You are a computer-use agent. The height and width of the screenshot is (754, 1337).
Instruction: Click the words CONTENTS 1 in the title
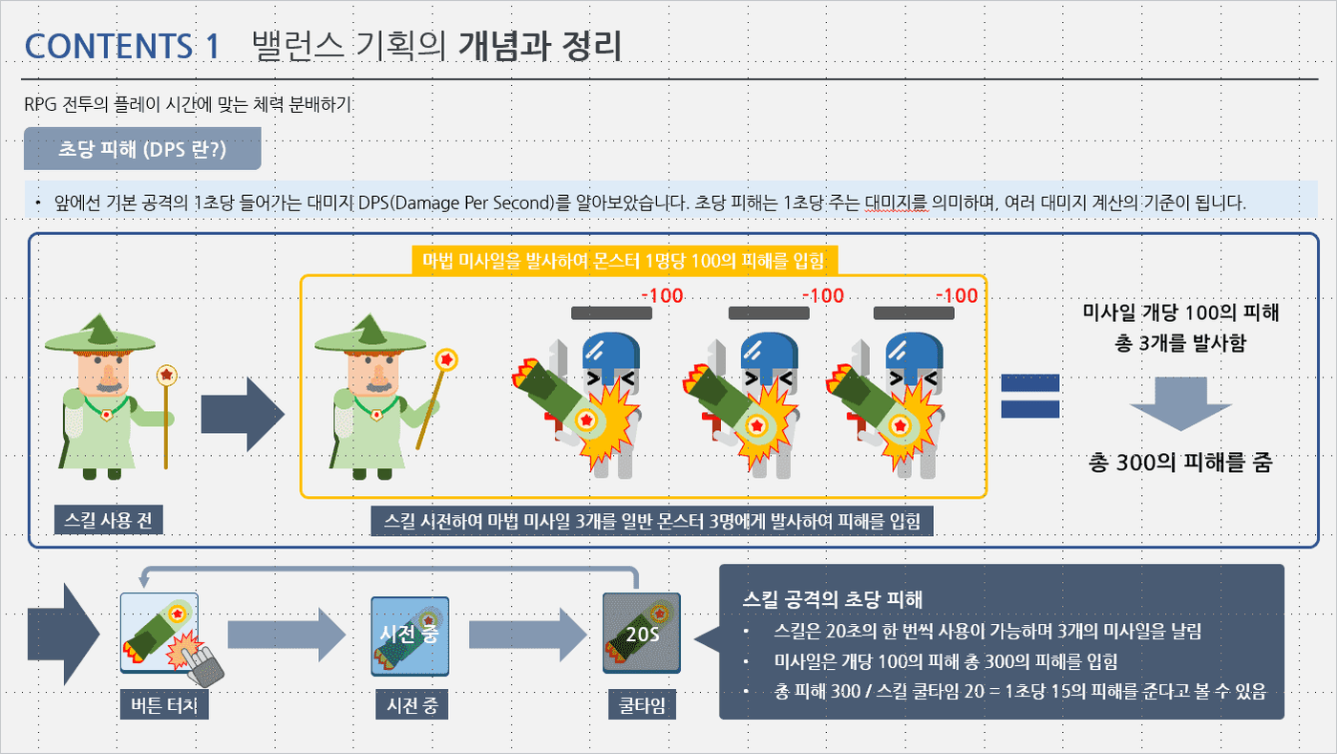[122, 47]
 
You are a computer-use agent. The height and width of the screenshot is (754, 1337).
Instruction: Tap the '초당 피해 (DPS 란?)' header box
[142, 149]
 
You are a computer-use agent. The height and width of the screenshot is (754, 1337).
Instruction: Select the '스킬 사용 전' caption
[108, 520]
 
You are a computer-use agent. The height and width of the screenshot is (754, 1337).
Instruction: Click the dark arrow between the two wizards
[243, 414]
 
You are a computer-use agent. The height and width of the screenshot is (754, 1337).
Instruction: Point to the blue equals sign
[1029, 396]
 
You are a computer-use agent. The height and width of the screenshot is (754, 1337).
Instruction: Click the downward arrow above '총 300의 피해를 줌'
[1180, 404]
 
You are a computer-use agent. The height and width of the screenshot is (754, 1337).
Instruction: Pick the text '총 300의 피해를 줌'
[1180, 463]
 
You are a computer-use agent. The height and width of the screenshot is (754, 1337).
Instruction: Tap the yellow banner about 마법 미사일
[625, 261]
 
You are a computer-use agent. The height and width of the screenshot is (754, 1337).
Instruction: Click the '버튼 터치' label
[164, 705]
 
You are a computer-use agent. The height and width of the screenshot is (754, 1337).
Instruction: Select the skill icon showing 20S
[642, 634]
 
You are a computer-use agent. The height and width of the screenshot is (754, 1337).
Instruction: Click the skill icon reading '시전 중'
[410, 636]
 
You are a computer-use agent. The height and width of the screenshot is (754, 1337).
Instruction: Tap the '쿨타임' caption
[642, 705]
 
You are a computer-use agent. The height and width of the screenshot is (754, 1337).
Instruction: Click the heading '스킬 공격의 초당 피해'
[832, 598]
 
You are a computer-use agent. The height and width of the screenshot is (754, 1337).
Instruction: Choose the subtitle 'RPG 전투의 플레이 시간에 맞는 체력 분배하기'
[187, 104]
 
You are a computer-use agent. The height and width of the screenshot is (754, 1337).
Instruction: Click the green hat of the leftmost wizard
[100, 335]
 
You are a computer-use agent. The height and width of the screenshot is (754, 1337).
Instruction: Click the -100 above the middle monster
[822, 295]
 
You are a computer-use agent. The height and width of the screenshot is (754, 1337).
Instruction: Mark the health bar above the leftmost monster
[611, 313]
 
